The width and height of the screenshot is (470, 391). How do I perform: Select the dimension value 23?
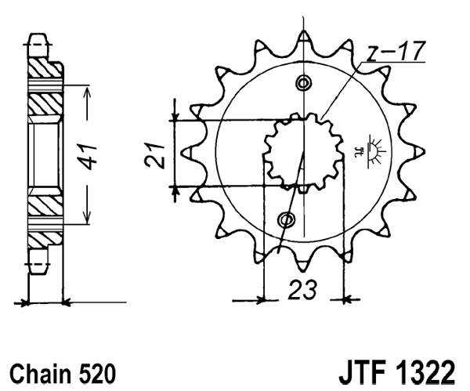(302, 290)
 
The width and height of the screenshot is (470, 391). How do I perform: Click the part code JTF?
(364, 370)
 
